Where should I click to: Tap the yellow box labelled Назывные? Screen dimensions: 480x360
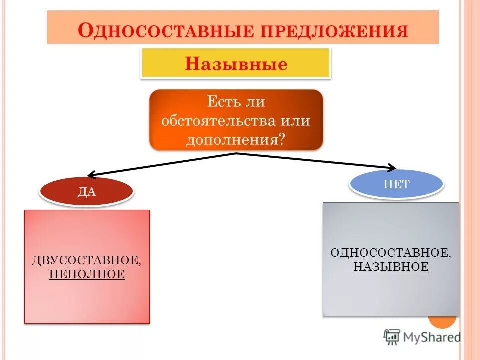coord(236,64)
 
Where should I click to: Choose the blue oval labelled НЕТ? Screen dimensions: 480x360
coord(396,184)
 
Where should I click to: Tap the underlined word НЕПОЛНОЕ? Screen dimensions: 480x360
coord(87,274)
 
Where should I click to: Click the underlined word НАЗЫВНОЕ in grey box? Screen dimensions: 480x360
coord(391,267)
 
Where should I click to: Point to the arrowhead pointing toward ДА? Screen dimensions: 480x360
coord(90,175)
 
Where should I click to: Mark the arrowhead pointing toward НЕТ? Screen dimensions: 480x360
coord(392,168)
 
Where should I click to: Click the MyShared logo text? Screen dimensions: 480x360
coord(432,337)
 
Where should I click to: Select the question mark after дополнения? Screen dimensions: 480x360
coord(282,139)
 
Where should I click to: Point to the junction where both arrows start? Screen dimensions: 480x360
coord(236,153)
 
